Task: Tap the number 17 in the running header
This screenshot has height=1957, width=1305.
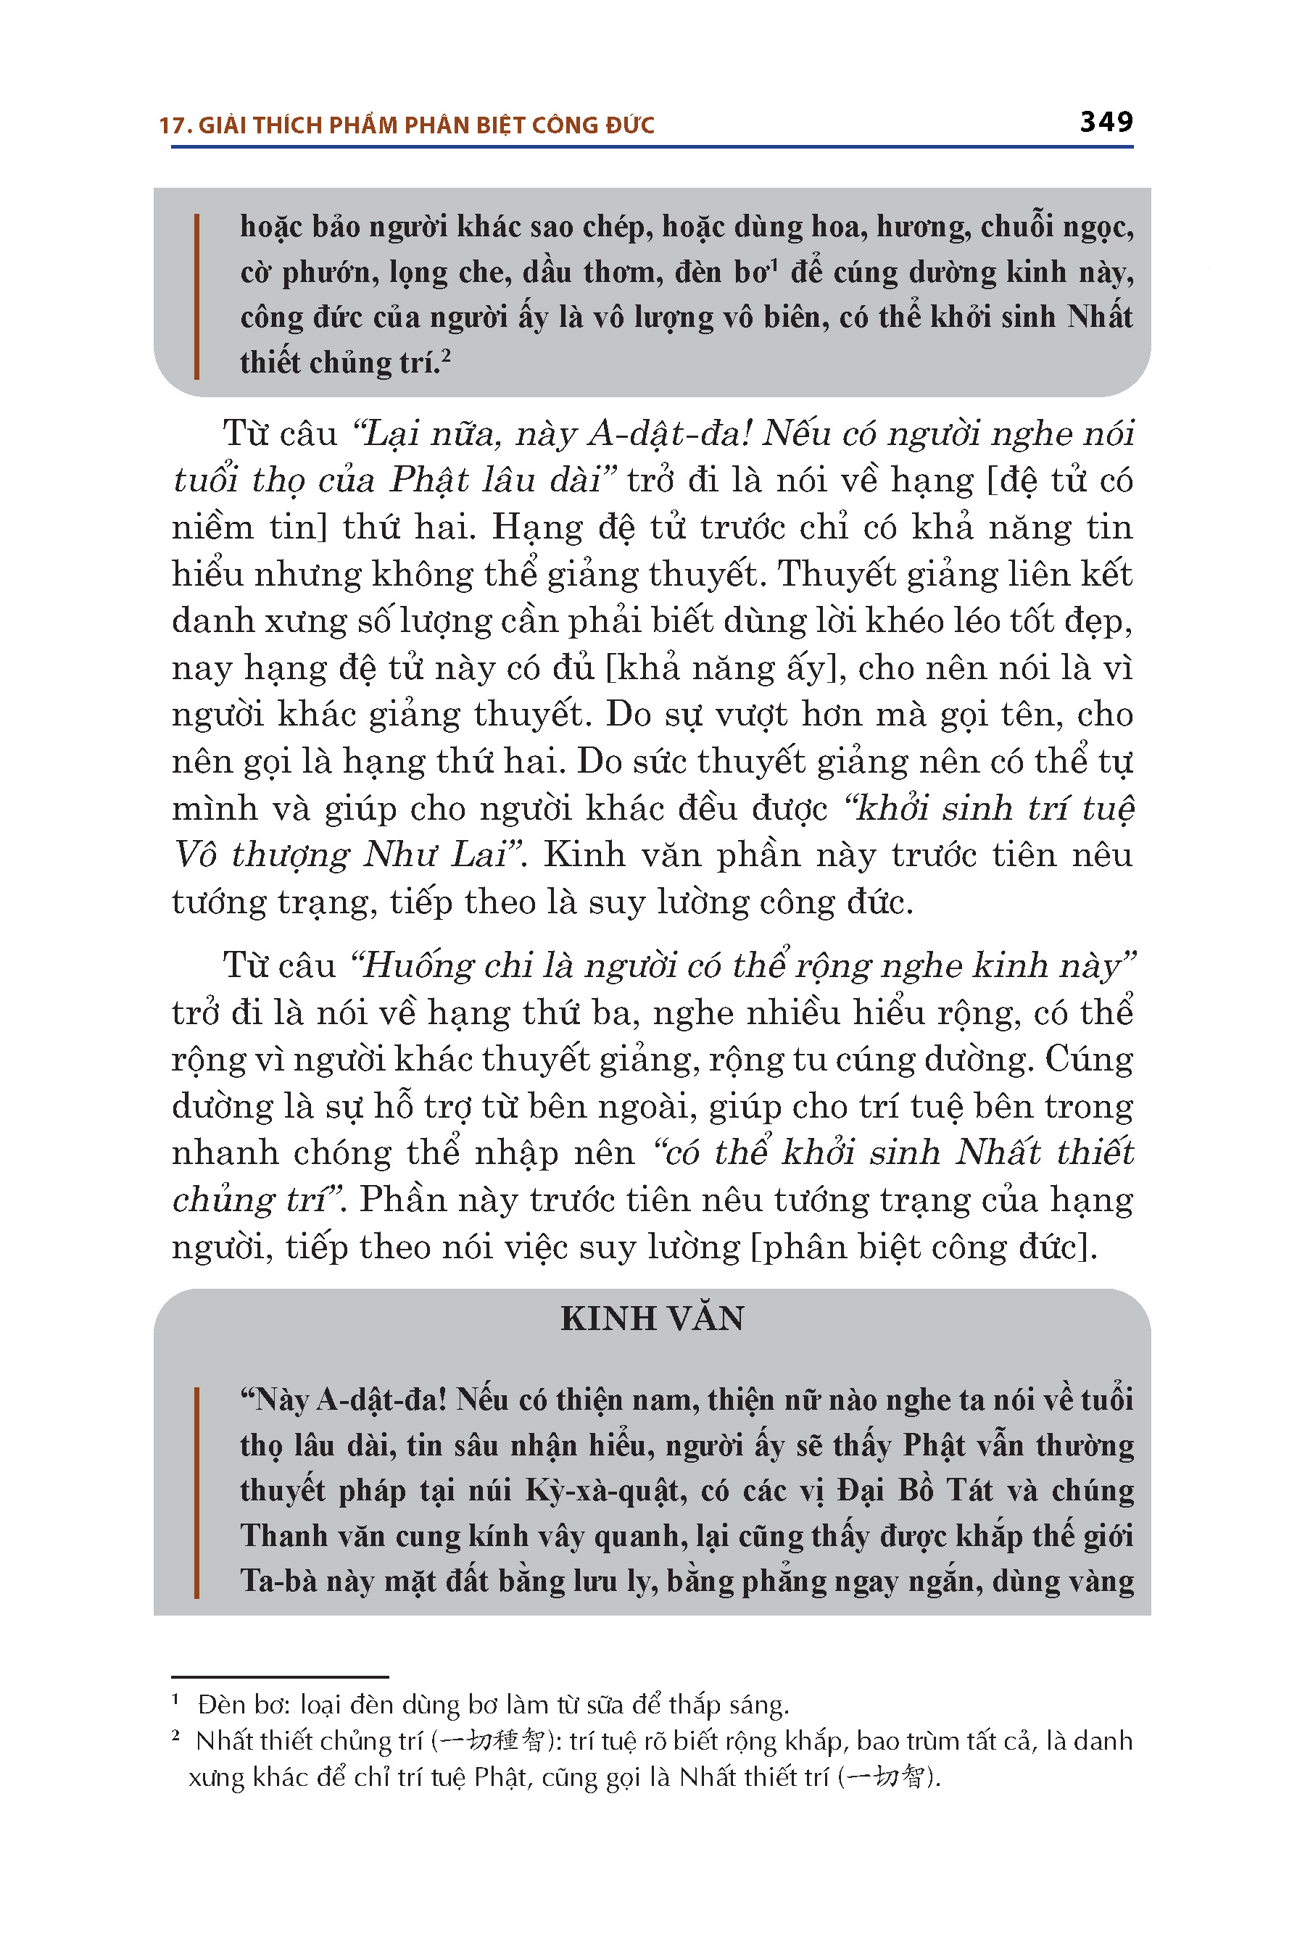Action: [170, 125]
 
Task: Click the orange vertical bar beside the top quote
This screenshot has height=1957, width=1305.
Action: [196, 296]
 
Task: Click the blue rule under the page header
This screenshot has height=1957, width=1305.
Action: [652, 147]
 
